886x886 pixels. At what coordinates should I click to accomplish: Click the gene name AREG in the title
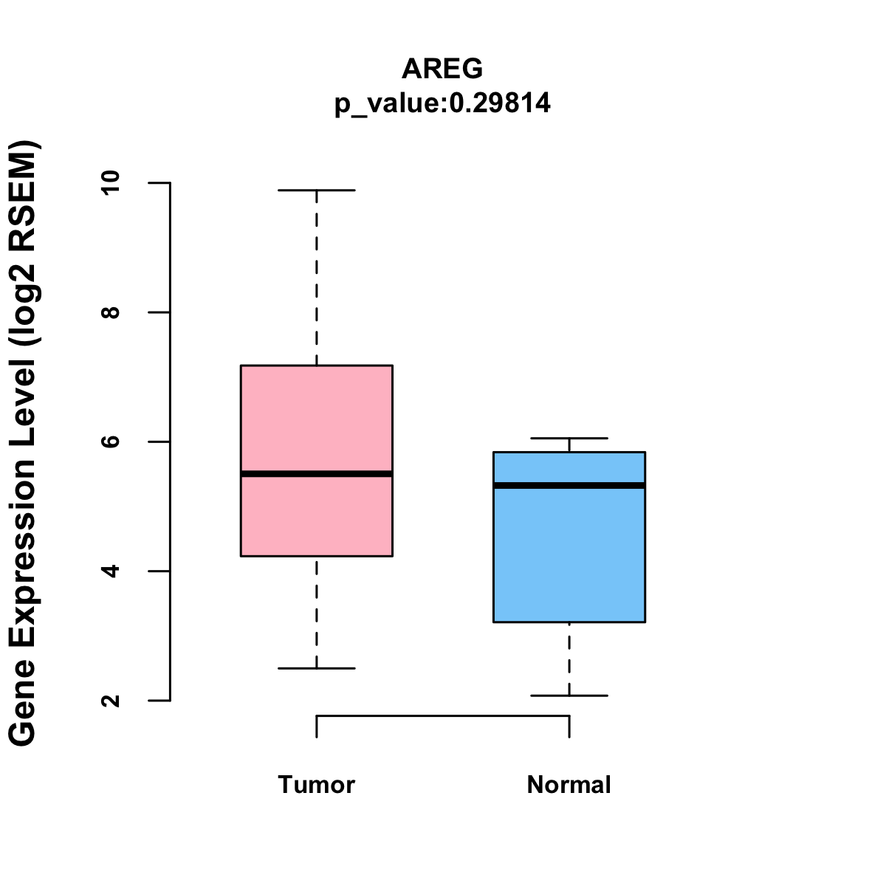442,69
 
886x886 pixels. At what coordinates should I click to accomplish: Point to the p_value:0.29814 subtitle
442,103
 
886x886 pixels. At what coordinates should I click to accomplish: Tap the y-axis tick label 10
111,182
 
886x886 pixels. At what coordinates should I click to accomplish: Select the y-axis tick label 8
111,312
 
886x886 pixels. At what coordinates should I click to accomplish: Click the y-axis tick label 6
111,442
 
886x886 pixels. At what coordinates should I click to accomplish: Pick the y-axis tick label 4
111,571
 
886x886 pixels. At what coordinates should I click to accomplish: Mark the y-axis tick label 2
111,700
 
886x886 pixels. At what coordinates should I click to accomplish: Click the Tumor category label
317,784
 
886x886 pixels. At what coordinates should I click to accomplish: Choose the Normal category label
569,784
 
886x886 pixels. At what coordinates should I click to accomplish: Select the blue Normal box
569,554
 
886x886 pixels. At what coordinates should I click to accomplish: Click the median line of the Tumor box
317,473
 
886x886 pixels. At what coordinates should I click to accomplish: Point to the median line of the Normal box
569,485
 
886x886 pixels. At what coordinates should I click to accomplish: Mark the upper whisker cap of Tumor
317,190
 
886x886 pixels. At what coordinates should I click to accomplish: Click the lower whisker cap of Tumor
317,668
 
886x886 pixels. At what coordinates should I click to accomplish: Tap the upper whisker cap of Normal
569,439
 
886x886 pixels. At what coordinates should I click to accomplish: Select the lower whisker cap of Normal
569,696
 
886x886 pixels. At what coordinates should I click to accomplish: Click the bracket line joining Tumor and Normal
443,715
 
